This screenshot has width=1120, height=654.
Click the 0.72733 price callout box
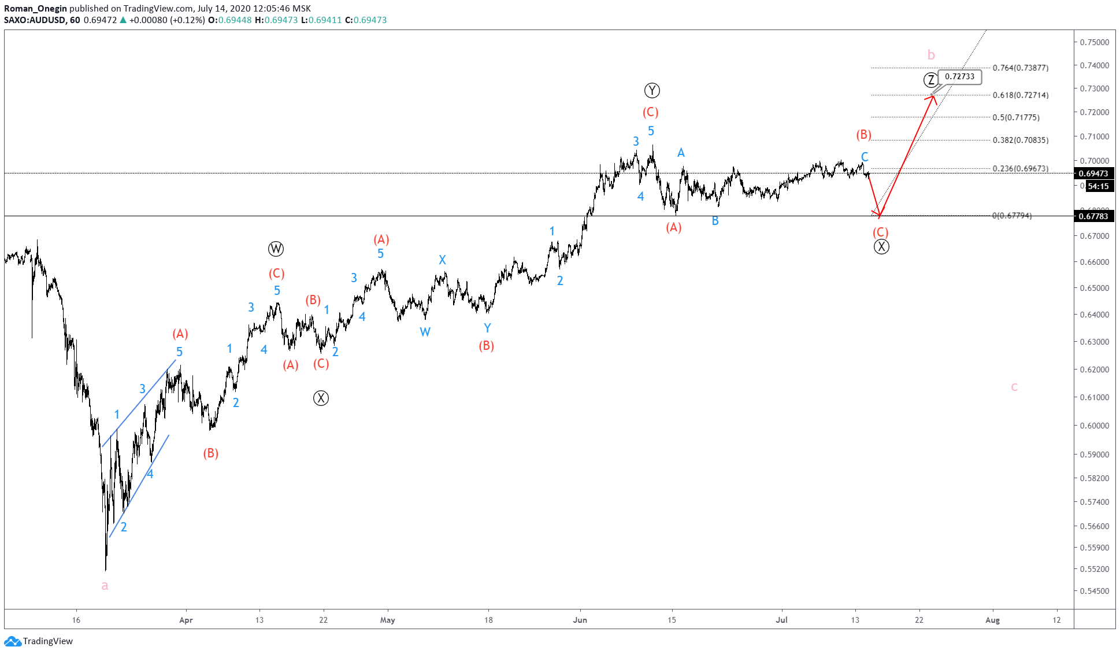pyautogui.click(x=959, y=76)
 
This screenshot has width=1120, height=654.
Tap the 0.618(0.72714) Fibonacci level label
pyautogui.click(x=1020, y=95)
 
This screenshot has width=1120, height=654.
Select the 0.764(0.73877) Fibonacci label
pyautogui.click(x=1020, y=68)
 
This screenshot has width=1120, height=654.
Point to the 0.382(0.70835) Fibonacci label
pyautogui.click(x=1020, y=140)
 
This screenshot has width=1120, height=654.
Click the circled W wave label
pyautogui.click(x=276, y=249)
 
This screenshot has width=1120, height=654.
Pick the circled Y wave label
pyautogui.click(x=652, y=90)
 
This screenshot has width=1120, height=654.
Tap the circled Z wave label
pyautogui.click(x=930, y=80)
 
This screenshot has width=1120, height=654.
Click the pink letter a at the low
pyautogui.click(x=105, y=585)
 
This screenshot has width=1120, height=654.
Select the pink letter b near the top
pyautogui.click(x=931, y=55)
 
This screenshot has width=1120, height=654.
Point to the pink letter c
pyautogui.click(x=1014, y=387)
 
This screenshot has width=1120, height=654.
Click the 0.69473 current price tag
pyautogui.click(x=1093, y=173)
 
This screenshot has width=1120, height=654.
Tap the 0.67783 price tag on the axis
pyautogui.click(x=1093, y=216)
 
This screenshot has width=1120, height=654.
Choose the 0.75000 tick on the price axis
pyautogui.click(x=1095, y=42)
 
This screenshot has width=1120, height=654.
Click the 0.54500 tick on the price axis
pyautogui.click(x=1095, y=591)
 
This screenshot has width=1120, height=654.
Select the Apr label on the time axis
pyautogui.click(x=186, y=620)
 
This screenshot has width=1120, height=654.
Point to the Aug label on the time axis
pyautogui.click(x=992, y=620)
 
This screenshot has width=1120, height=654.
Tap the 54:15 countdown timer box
pyautogui.click(x=1098, y=186)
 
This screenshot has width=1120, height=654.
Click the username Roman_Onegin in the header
pyautogui.click(x=35, y=9)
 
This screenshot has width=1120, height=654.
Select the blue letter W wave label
pyautogui.click(x=425, y=332)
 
